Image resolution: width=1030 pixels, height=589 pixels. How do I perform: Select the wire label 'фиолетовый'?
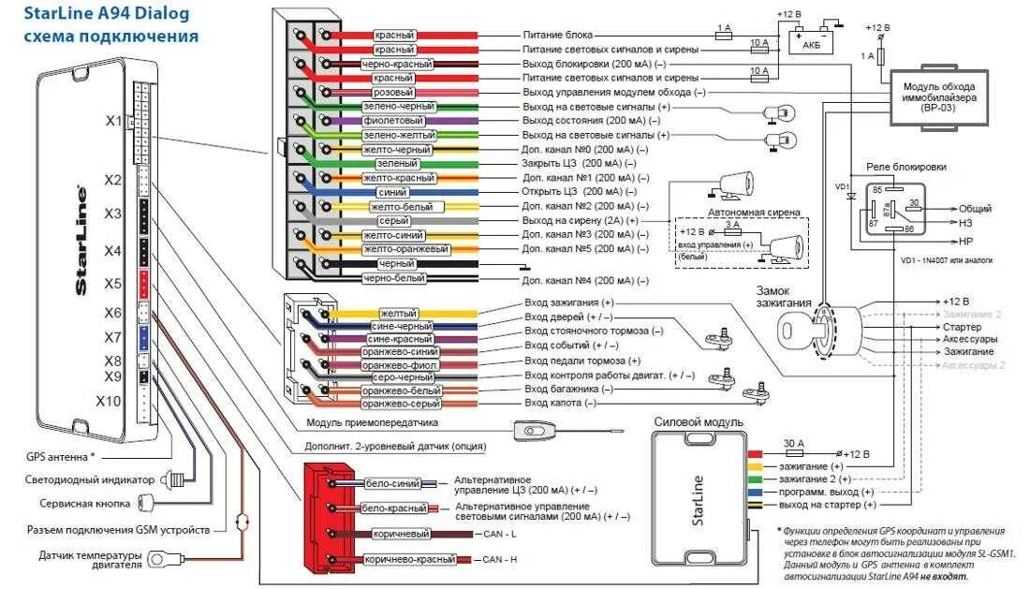[400, 122]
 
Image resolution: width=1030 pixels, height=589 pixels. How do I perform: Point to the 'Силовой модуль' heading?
[699, 422]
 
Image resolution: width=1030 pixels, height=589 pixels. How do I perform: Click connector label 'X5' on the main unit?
[112, 283]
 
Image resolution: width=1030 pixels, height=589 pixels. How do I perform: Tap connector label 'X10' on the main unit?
[109, 401]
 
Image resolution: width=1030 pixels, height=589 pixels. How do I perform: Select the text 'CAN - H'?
[499, 560]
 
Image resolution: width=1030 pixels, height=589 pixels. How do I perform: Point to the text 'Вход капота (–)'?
[560, 403]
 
